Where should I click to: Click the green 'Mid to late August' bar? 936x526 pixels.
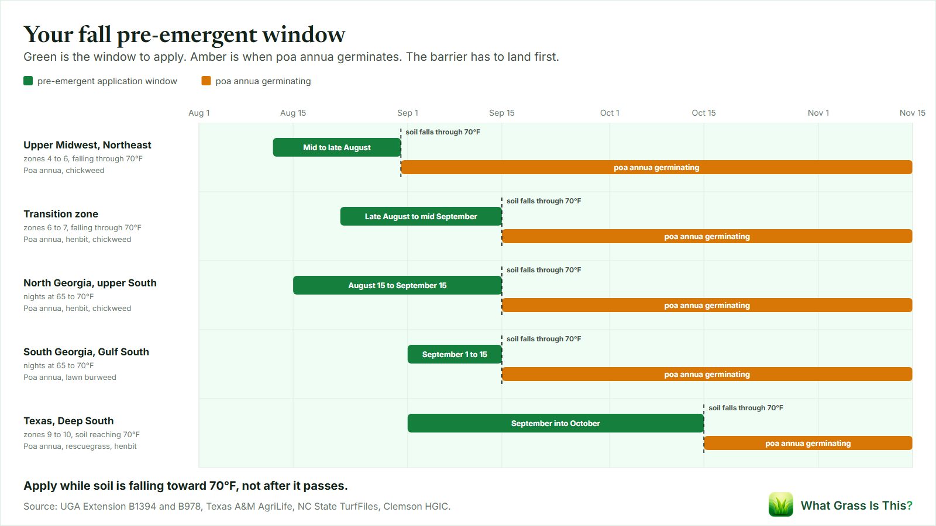tap(337, 147)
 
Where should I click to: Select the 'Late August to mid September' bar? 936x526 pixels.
tap(421, 216)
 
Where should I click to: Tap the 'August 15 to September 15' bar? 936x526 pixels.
tap(397, 285)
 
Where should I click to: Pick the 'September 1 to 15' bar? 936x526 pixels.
tap(455, 354)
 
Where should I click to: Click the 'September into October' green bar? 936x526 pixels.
tap(555, 423)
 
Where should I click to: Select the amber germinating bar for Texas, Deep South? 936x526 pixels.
tap(808, 443)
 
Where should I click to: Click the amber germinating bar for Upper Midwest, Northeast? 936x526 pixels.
tap(656, 167)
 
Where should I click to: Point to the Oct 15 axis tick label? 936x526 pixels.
tap(704, 113)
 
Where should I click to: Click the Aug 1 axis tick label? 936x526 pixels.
tap(199, 113)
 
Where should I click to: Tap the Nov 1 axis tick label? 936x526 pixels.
tap(818, 113)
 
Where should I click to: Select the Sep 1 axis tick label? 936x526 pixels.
tap(407, 113)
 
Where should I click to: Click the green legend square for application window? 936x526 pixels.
tap(28, 81)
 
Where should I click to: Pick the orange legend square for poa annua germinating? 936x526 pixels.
tap(206, 81)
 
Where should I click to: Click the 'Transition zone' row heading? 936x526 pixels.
tap(61, 214)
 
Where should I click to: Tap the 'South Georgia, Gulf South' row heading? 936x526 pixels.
tap(86, 351)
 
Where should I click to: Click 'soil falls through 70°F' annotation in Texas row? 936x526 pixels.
tap(746, 407)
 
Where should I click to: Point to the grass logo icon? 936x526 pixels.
tap(780, 504)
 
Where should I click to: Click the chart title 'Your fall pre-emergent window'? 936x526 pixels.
tap(184, 34)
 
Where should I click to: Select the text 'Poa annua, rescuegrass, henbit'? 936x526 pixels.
tap(80, 446)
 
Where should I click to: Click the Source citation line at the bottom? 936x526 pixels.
tap(237, 506)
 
